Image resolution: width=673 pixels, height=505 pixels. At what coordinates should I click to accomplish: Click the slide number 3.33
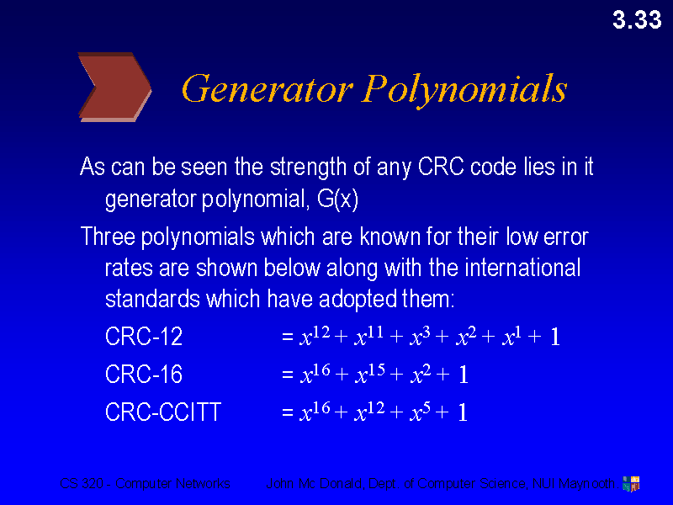click(x=637, y=20)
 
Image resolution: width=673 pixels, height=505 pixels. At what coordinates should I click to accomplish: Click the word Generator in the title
click(x=266, y=88)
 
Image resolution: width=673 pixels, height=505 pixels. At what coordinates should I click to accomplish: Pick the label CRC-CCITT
click(x=163, y=412)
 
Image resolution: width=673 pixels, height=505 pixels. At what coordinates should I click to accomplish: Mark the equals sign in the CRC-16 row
click(x=288, y=375)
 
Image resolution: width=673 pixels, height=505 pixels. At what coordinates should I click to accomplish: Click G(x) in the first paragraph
click(x=345, y=201)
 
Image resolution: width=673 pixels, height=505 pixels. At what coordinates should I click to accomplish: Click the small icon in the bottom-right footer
click(x=630, y=483)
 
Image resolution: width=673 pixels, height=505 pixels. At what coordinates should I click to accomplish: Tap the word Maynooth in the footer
click(x=587, y=484)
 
